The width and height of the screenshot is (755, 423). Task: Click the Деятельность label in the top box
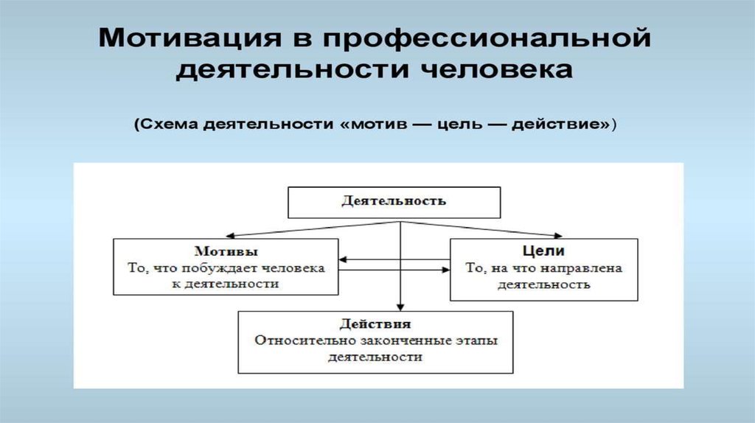(x=394, y=200)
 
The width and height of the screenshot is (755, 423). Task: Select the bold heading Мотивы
(x=227, y=251)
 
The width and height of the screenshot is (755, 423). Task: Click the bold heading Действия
(x=375, y=324)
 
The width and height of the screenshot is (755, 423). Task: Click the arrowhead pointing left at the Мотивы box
(x=344, y=259)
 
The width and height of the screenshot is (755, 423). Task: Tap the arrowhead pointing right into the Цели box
(x=446, y=270)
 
